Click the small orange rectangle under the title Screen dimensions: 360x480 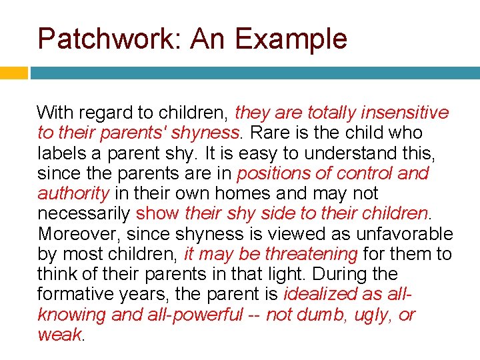13,73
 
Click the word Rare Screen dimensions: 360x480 266,133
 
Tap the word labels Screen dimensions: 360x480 58,153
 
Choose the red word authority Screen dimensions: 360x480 73,194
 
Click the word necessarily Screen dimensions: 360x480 84,214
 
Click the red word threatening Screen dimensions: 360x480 312,254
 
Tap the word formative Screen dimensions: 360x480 69,295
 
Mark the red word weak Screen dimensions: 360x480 59,335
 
